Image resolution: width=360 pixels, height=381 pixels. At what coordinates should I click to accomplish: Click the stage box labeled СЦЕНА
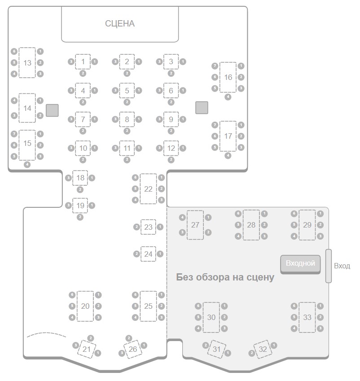tap(120, 24)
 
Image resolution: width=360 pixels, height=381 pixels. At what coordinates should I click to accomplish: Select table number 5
tap(127, 91)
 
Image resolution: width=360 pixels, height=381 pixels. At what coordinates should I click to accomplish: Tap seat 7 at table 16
tap(215, 66)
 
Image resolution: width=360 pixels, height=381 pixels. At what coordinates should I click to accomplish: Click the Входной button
tap(300, 264)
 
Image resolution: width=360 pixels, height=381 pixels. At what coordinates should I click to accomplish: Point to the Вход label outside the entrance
tap(342, 266)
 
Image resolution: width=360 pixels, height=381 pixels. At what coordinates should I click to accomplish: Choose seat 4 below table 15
tap(27, 165)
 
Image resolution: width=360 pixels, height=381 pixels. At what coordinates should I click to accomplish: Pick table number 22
tap(148, 189)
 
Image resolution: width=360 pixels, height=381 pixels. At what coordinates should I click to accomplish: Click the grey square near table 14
tap(52, 109)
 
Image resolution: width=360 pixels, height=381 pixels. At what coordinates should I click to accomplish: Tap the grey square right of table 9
tap(202, 107)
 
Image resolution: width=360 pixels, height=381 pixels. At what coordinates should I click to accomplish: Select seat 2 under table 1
tap(83, 73)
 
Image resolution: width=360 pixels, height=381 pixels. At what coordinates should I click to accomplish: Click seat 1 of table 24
tap(160, 254)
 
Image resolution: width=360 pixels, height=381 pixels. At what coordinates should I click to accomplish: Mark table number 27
tap(195, 225)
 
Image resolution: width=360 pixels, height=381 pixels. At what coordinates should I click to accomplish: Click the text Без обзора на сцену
tap(225, 277)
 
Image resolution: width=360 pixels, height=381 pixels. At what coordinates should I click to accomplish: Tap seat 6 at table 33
tap(294, 306)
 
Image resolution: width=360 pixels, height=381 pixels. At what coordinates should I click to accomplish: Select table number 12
tap(171, 148)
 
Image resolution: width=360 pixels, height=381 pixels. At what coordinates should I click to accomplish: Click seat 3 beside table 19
tap(68, 206)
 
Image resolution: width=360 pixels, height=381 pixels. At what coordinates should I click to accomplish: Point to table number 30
tap(211, 317)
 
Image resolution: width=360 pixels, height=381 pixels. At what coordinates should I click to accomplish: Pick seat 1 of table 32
tap(274, 346)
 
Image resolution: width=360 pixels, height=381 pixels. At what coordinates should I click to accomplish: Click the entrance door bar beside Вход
tap(328, 266)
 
